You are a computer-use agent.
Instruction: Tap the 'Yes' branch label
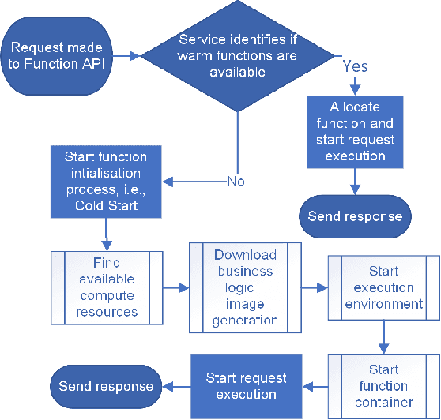pos(355,66)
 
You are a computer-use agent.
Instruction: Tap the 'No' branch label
pos(235,181)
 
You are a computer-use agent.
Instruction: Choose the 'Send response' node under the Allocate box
pos(355,216)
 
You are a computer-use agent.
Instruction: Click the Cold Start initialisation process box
pos(106,181)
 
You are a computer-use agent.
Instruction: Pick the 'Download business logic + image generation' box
pos(245,287)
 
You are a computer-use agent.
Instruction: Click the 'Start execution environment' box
pos(383,287)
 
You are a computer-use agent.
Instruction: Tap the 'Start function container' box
pos(383,385)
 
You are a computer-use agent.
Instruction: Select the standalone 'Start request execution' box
pos(246,385)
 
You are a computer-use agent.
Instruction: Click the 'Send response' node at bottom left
pos(106,385)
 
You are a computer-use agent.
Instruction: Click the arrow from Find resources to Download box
pos(175,287)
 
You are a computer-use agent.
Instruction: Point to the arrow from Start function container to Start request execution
pos(315,385)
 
